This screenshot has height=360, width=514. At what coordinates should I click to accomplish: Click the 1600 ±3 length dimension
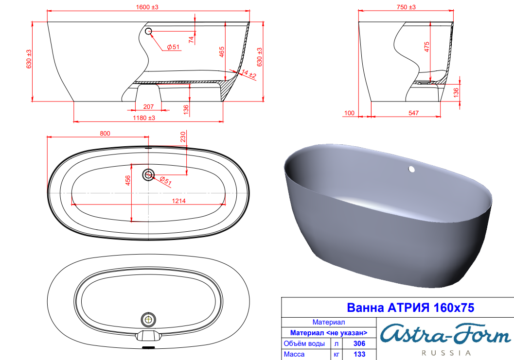(x=147, y=7)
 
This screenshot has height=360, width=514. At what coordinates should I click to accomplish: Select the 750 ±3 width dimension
(x=406, y=7)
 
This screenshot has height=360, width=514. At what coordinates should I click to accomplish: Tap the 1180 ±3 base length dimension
(x=144, y=118)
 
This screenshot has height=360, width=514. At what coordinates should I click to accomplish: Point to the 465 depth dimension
(x=222, y=52)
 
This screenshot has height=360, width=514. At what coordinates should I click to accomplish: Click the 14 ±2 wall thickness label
(x=248, y=74)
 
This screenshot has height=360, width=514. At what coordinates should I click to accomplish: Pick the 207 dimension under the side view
(x=148, y=106)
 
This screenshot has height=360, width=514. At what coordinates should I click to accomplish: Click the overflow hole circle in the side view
(x=148, y=31)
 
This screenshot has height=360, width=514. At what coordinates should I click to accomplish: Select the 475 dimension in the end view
(x=426, y=47)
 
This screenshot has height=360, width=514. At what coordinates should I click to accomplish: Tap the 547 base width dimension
(x=413, y=113)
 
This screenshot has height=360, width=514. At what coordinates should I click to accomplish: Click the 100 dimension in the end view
(x=349, y=113)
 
